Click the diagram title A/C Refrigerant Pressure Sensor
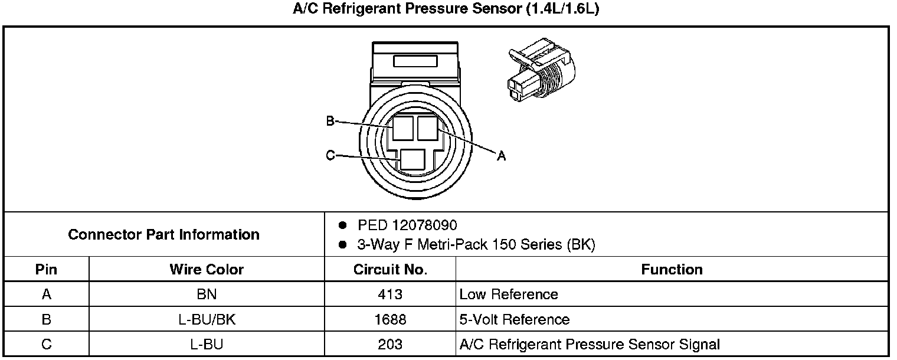click(x=446, y=10)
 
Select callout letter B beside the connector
click(x=330, y=121)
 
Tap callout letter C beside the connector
click(x=330, y=156)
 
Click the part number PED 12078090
click(x=407, y=225)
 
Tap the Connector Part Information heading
click(x=163, y=234)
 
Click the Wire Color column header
click(x=207, y=270)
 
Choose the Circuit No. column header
click(x=390, y=270)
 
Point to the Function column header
click(x=672, y=270)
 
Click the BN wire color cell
click(x=207, y=294)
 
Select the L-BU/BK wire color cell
click(x=207, y=320)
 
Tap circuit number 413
click(x=390, y=294)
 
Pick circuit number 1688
click(x=390, y=320)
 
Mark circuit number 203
click(x=390, y=345)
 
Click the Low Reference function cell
click(x=508, y=294)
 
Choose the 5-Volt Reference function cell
click(x=514, y=320)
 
